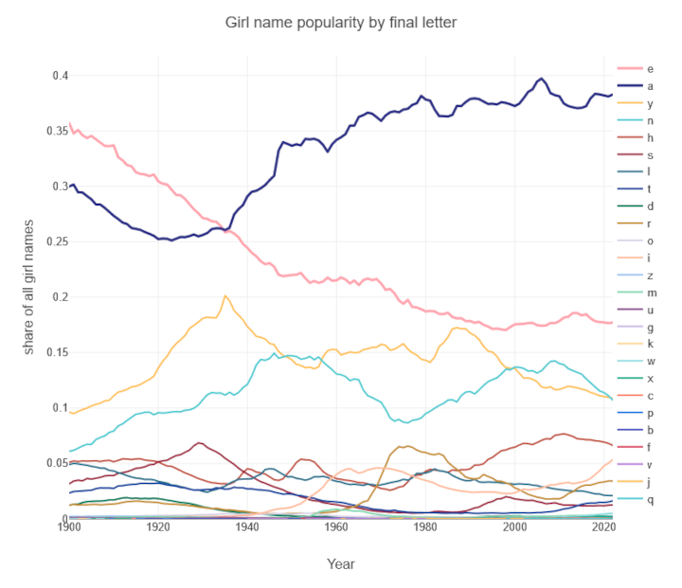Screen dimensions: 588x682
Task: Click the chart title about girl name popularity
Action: tap(340, 21)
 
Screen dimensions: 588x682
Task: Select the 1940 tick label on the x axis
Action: tap(247, 526)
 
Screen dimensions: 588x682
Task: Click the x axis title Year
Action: tap(340, 563)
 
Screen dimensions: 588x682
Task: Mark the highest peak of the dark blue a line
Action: tap(541, 79)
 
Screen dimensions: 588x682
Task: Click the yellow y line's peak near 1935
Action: tap(224, 295)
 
